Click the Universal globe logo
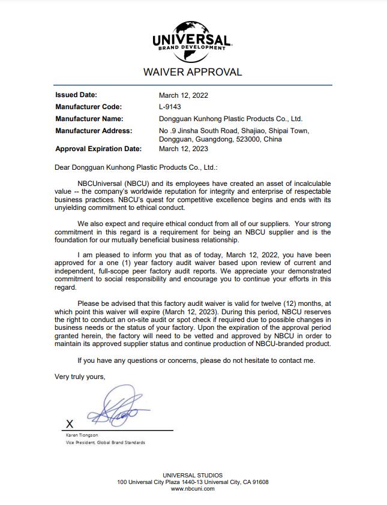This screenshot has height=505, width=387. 193,41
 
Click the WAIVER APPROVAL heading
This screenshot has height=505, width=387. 193,73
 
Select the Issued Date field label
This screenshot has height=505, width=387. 76,95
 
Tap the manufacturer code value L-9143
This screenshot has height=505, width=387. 170,107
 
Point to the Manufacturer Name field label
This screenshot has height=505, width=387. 89,119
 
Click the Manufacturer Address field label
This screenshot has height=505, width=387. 94,131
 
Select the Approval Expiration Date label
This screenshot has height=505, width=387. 98,149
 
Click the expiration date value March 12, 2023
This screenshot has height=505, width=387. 184,149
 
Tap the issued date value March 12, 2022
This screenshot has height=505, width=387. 184,95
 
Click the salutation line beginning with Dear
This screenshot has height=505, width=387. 136,169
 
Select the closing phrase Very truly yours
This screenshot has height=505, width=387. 80,377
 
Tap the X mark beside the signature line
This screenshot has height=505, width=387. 70,424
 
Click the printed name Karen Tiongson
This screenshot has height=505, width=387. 82,435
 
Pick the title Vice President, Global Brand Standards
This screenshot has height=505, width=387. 105,443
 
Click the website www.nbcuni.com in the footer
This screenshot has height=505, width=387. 193,489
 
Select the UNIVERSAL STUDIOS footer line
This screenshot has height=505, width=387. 193,476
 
